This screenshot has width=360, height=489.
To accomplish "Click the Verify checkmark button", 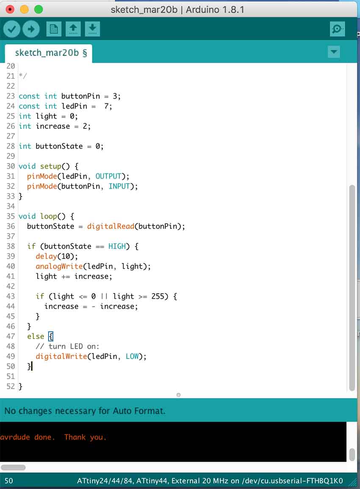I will (12, 29).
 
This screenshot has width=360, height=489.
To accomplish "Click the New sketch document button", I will (54, 29).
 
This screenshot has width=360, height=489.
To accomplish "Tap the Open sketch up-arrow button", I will (73, 29).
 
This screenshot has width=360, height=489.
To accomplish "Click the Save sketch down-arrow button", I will (92, 29).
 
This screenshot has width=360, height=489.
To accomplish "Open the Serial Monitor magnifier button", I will (337, 29).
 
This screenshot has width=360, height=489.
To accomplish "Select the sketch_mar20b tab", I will (48, 53).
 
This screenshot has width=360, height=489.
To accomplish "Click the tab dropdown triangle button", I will (334, 52).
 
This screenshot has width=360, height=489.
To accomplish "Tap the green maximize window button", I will (38, 9).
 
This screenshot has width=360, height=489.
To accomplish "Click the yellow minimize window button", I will (24, 9).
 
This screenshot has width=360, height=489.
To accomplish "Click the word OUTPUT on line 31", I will (108, 176).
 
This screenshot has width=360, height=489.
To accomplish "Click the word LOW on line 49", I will (132, 356).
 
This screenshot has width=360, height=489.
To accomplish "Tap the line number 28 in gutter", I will (11, 146).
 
